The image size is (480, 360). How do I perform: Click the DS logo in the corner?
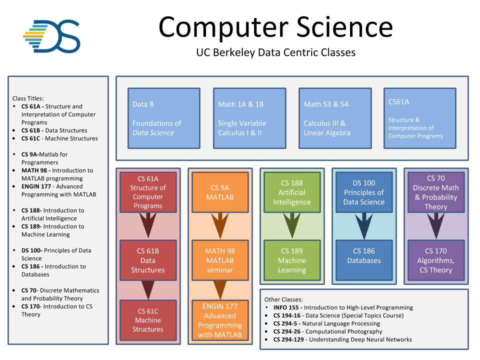52,36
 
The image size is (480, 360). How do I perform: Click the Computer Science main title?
275,26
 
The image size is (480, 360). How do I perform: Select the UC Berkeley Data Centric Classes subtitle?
275,52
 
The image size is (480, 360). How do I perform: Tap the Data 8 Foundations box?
163,118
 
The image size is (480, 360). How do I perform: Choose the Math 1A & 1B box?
249,118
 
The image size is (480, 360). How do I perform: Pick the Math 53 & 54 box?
334,118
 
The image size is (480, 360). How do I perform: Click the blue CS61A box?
419,118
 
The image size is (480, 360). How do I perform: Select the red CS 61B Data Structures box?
147,260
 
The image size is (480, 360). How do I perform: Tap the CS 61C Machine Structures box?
147,320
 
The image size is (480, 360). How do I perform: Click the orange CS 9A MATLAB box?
220,192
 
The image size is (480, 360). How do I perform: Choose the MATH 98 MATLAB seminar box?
220,260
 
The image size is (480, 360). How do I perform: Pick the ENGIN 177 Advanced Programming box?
220,320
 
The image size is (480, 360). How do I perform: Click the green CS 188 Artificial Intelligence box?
292,192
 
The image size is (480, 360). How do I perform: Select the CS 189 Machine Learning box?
292,260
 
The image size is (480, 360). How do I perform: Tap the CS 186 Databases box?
364,260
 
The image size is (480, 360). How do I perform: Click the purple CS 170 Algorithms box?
435,260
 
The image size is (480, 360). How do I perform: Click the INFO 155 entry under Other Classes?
343,307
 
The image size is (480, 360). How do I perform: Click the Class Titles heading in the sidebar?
28,98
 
